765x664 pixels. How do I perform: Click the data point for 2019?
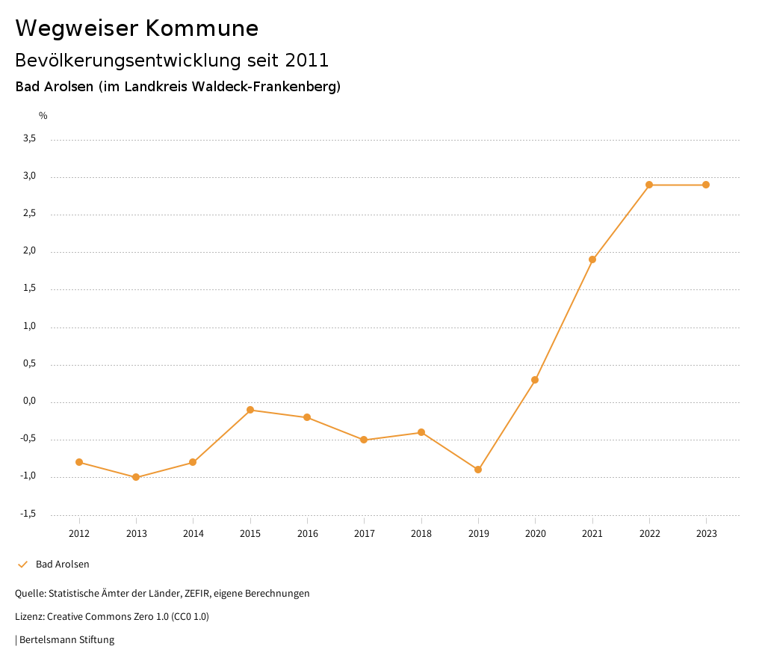(478, 470)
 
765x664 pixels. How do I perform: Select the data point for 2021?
(592, 259)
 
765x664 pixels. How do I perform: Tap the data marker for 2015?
(250, 410)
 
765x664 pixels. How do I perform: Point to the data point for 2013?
(136, 477)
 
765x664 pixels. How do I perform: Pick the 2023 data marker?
(706, 185)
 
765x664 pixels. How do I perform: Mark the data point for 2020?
(535, 380)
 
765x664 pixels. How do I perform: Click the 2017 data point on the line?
(364, 440)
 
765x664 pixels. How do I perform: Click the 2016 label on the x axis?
(307, 534)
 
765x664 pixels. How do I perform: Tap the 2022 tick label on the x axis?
(649, 534)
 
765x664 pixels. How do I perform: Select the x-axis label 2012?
(79, 534)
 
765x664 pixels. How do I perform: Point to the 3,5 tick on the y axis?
(29, 139)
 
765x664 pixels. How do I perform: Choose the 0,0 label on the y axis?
(29, 402)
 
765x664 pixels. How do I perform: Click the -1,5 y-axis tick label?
(28, 514)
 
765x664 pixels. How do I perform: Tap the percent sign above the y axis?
(43, 116)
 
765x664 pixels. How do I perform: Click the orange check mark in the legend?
(22, 565)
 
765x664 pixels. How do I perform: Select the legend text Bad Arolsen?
(62, 565)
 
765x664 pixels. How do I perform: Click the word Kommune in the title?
(202, 28)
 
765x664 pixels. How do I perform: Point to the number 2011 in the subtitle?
(307, 61)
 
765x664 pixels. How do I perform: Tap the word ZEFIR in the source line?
(196, 594)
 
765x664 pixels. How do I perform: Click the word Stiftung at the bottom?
(96, 640)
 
